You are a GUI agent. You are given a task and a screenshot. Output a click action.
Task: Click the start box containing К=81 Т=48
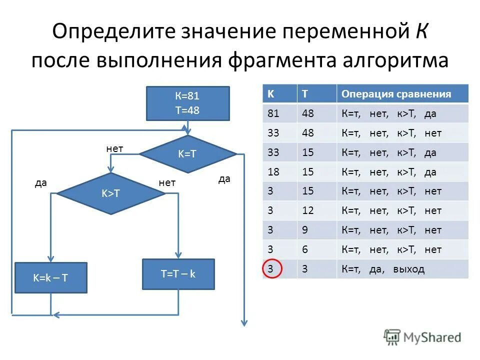(x=187, y=103)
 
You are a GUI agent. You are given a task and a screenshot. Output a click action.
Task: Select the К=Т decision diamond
(x=187, y=154)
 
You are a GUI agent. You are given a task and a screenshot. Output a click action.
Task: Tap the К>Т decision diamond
(x=110, y=194)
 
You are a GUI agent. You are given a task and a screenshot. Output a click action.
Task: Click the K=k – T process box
(x=51, y=277)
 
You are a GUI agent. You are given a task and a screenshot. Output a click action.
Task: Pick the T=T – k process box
(x=178, y=274)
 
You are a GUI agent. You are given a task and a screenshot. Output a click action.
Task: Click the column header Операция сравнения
(x=396, y=94)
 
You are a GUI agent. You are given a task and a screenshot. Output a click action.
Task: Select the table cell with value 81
(x=273, y=113)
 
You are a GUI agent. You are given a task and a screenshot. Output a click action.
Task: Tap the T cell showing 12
(x=308, y=210)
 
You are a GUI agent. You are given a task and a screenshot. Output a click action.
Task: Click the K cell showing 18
(x=273, y=172)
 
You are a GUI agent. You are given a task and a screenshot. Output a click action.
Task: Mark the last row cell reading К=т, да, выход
(x=383, y=269)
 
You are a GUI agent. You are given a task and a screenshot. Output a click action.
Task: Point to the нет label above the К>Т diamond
(x=114, y=148)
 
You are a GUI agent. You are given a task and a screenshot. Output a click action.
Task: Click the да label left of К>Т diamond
(x=41, y=183)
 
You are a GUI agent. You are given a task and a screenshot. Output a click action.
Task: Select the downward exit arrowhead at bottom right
(x=244, y=322)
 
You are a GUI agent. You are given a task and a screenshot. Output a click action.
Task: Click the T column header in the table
(x=305, y=94)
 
